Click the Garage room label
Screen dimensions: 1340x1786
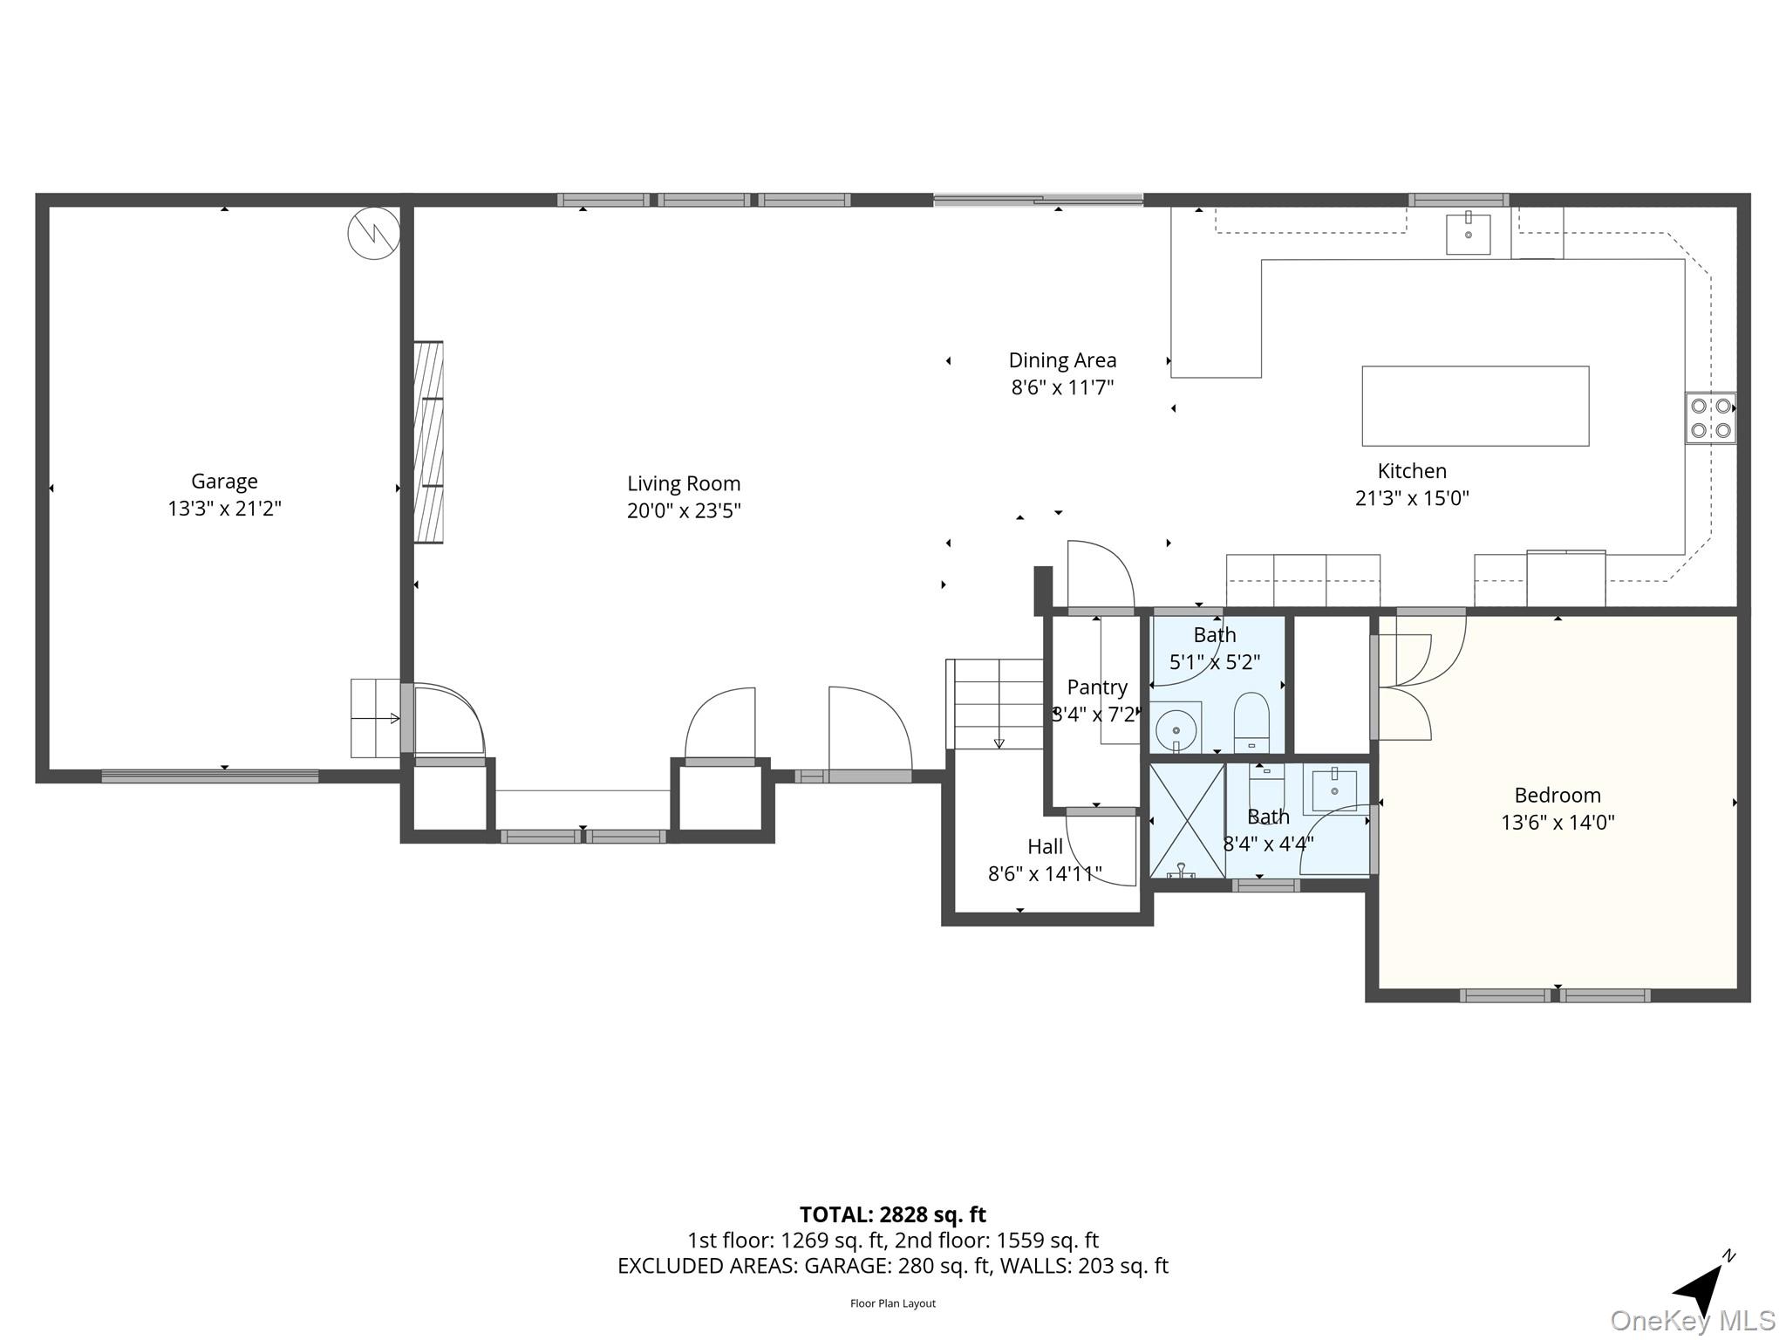tap(224, 481)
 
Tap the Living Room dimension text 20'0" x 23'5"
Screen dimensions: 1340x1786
tap(684, 510)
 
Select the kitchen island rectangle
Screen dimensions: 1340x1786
tap(1475, 406)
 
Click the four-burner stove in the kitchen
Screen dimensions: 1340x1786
tap(1710, 418)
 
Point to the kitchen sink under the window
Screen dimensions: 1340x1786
tap(1468, 234)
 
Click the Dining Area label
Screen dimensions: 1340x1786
tap(1062, 360)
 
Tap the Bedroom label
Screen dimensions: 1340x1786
tap(1558, 795)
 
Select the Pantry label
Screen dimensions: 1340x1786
tap(1097, 687)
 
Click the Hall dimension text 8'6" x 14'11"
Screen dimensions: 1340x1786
tap(1045, 873)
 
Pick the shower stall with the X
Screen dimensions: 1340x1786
tap(1187, 820)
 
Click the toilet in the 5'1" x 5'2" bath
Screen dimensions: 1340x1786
tap(1251, 721)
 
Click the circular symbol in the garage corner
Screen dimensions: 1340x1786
tap(373, 233)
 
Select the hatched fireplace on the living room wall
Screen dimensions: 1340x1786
tap(428, 442)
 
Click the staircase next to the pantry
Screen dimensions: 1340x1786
tap(995, 703)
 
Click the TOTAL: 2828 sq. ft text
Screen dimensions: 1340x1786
tap(892, 1214)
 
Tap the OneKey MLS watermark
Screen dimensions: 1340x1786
tap(1692, 1320)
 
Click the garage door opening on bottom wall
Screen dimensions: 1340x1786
tap(210, 776)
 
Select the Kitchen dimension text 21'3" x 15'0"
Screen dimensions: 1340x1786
tap(1412, 498)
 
